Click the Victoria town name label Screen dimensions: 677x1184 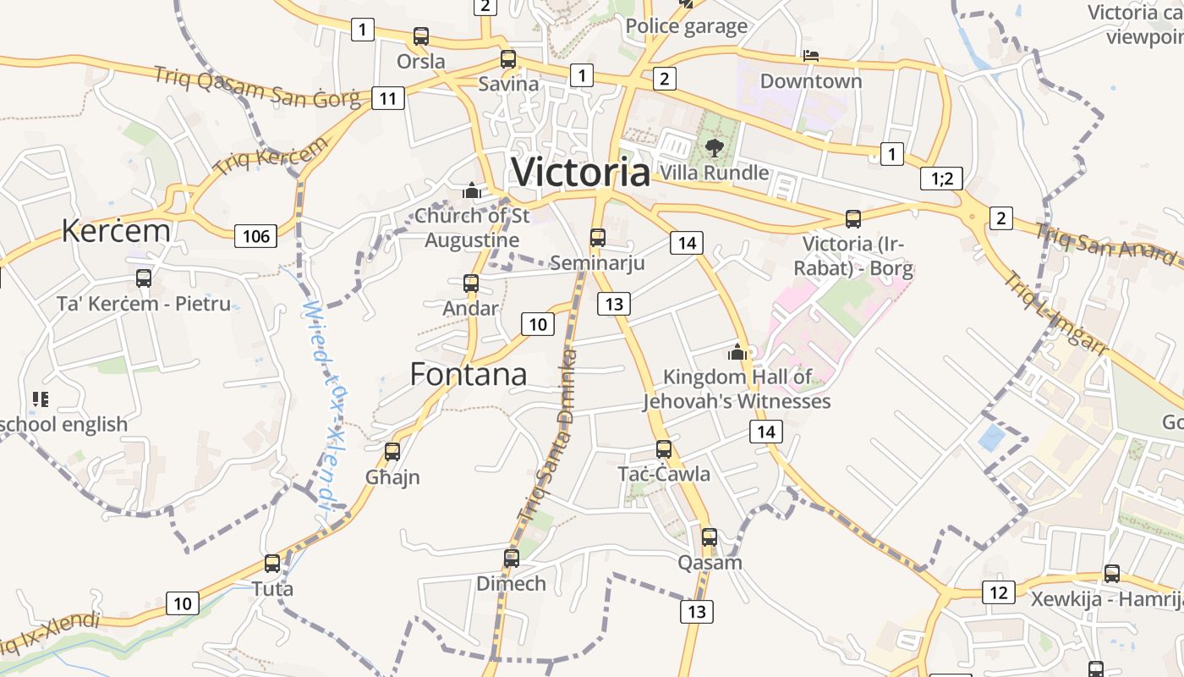click(581, 173)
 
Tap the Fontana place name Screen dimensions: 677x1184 click(469, 374)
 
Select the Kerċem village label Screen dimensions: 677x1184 click(116, 231)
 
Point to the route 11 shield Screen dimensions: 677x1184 click(387, 98)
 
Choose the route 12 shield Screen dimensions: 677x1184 click(999, 592)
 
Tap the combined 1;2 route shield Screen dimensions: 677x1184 click(941, 179)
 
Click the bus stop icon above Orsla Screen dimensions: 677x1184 click(420, 36)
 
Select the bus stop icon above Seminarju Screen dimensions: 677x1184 click(597, 237)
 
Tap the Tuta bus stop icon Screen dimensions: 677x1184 click(271, 563)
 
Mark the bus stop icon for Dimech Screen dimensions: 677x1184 click(511, 558)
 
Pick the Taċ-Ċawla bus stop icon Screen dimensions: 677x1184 click(663, 449)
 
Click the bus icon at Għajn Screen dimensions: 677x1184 click(392, 451)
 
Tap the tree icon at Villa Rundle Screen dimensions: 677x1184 click(714, 147)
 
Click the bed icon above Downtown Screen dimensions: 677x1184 click(810, 56)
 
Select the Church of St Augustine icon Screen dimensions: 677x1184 click(471, 190)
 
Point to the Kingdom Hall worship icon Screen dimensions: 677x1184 click(737, 351)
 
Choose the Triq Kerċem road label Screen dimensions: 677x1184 click(271, 156)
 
